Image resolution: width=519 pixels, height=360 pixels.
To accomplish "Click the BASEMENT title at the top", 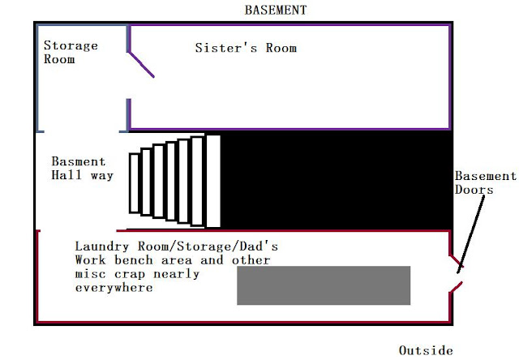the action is pos(276,10).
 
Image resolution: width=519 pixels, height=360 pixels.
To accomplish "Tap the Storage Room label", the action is pos(70,53).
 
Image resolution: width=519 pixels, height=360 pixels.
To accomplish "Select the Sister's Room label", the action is pos(246,48).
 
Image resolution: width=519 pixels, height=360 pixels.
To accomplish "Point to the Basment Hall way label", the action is pos(82,168).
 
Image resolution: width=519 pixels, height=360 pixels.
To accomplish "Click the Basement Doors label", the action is pos(484,182).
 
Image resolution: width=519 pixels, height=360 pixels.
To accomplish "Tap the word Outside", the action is pos(426,350).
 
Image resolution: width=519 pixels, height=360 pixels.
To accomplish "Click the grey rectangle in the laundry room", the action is pos(323,285).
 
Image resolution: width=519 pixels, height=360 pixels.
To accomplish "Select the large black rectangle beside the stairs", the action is pos(336,181).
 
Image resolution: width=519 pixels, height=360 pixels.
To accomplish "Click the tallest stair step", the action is pos(212,181).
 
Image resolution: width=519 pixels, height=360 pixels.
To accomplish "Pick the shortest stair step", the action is pos(134,181).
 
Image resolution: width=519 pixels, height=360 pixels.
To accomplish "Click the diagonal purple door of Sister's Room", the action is pos(141,62).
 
